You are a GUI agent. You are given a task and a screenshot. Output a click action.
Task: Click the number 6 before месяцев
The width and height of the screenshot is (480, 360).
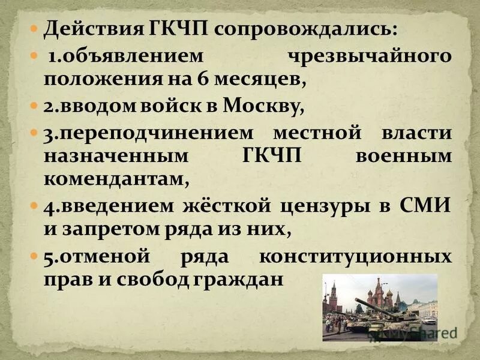pyautogui.click(x=218, y=79)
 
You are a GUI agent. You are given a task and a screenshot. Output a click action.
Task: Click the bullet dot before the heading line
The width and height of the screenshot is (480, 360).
pyautogui.click(x=35, y=28)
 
